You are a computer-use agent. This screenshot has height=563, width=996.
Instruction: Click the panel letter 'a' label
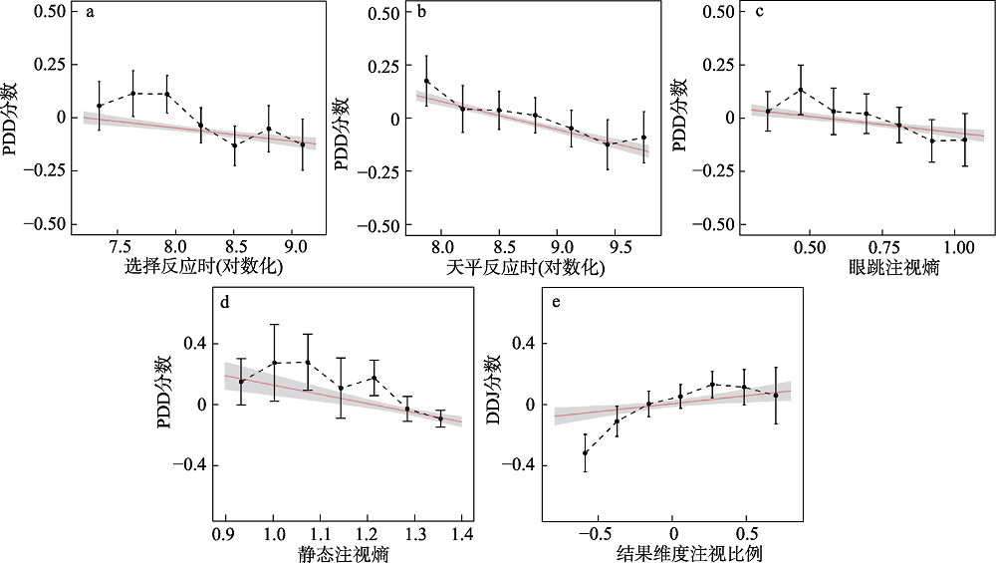click(91, 14)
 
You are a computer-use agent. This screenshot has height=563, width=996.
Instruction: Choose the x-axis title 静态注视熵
click(338, 553)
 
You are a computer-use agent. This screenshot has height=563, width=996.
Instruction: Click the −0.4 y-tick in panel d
click(192, 465)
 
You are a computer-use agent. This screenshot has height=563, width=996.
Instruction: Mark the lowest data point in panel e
click(585, 453)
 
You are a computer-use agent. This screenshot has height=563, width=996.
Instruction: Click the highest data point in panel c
click(800, 90)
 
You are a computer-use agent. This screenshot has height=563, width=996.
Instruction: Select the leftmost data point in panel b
click(426, 81)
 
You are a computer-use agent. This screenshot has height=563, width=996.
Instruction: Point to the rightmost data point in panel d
click(440, 419)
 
